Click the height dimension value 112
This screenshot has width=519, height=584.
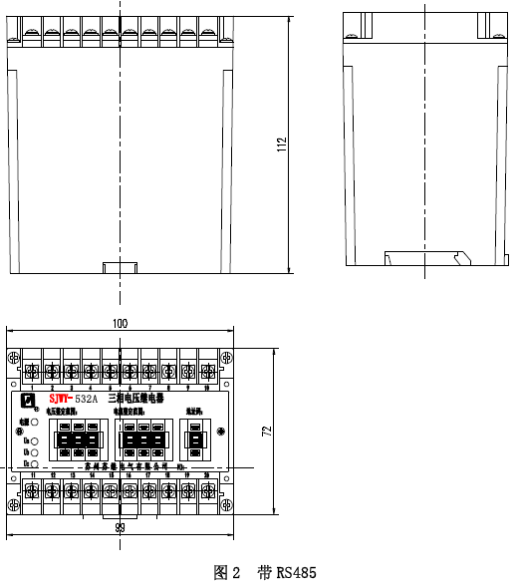click(281, 146)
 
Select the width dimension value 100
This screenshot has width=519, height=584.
click(120, 324)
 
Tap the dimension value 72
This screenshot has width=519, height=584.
click(266, 432)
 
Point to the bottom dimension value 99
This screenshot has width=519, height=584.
click(120, 528)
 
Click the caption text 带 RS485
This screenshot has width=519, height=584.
click(287, 572)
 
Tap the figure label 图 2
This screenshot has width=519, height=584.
click(227, 572)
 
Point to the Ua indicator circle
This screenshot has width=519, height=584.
click(36, 439)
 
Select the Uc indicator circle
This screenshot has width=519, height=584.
click(36, 463)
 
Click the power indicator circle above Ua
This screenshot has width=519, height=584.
click(36, 423)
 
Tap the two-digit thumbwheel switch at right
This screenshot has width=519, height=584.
click(196, 438)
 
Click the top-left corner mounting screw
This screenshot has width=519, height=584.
click(13, 358)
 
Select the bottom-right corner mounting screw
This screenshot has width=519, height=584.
click(227, 502)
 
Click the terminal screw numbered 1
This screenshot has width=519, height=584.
click(32, 372)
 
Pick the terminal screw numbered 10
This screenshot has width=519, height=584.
click(206, 372)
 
